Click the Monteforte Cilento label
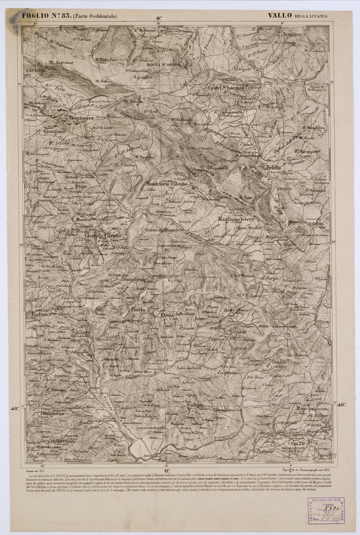(166, 183)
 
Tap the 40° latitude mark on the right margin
(342, 405)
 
